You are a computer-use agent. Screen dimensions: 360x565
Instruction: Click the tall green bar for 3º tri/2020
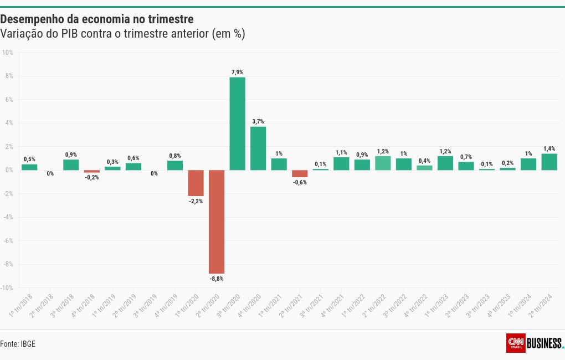237,124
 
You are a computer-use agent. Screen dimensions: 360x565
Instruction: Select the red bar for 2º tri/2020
217,222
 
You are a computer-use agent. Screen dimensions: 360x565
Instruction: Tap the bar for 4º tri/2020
258,148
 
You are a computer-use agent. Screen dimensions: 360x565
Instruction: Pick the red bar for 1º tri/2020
196,183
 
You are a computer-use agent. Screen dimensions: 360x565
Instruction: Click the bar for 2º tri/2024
549,162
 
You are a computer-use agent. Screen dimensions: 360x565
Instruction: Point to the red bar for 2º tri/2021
300,173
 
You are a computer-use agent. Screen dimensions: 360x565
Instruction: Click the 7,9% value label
237,72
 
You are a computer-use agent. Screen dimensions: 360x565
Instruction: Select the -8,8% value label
217,279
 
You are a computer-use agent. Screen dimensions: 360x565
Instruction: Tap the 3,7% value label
258,121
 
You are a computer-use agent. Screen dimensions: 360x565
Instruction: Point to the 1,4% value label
549,148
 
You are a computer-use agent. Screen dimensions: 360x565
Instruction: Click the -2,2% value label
196,201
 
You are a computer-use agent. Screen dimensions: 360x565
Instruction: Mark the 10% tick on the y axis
8,53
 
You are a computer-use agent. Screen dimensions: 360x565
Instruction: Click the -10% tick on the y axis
7,288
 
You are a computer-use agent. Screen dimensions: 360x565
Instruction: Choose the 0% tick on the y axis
9,170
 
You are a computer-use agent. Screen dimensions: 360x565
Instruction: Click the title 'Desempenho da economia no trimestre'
97,20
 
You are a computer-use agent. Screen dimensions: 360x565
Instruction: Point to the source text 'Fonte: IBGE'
18,344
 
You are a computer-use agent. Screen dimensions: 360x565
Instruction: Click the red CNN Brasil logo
516,343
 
